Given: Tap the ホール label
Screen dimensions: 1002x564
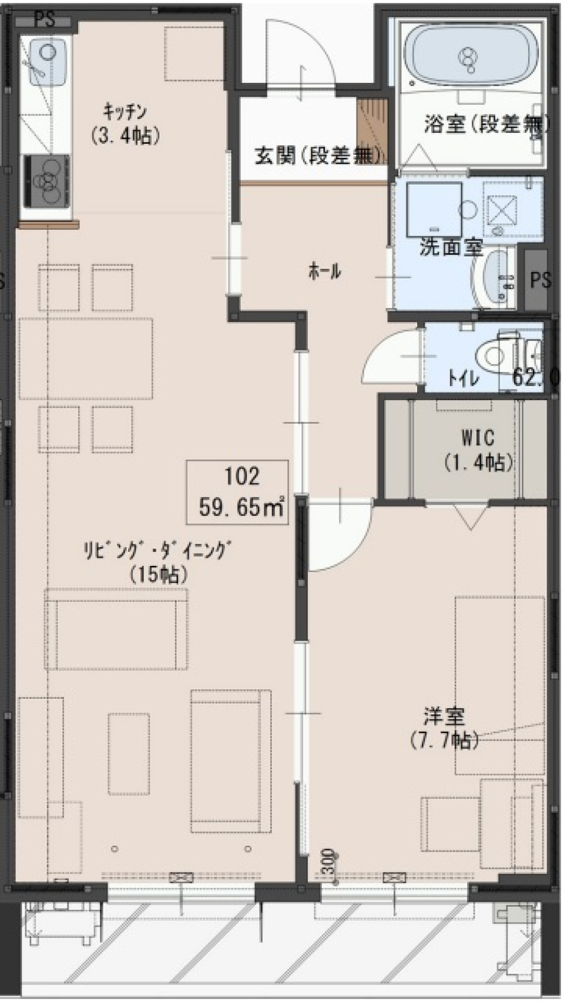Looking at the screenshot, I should (324, 271).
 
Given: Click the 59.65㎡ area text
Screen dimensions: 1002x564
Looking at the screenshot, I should (241, 506).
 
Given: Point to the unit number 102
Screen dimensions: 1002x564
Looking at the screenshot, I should (241, 476).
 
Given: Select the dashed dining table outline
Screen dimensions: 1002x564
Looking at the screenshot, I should (86, 358).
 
